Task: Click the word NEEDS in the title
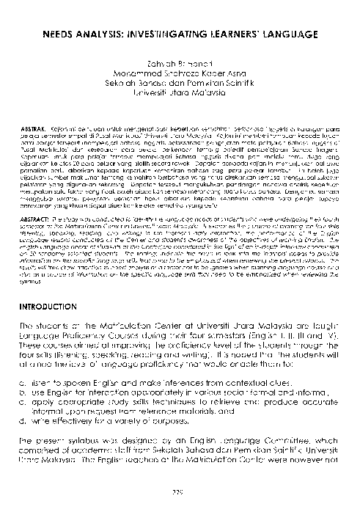[57, 34]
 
